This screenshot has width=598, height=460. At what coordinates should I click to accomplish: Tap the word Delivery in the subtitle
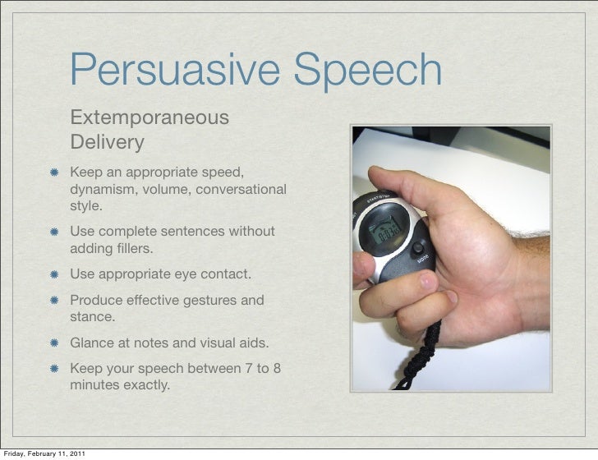(x=107, y=143)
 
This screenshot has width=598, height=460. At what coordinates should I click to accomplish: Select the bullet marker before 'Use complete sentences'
(x=53, y=232)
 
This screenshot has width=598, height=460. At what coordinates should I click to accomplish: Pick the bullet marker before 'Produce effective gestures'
(x=53, y=301)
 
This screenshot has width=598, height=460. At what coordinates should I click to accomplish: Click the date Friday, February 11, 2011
(x=43, y=453)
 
